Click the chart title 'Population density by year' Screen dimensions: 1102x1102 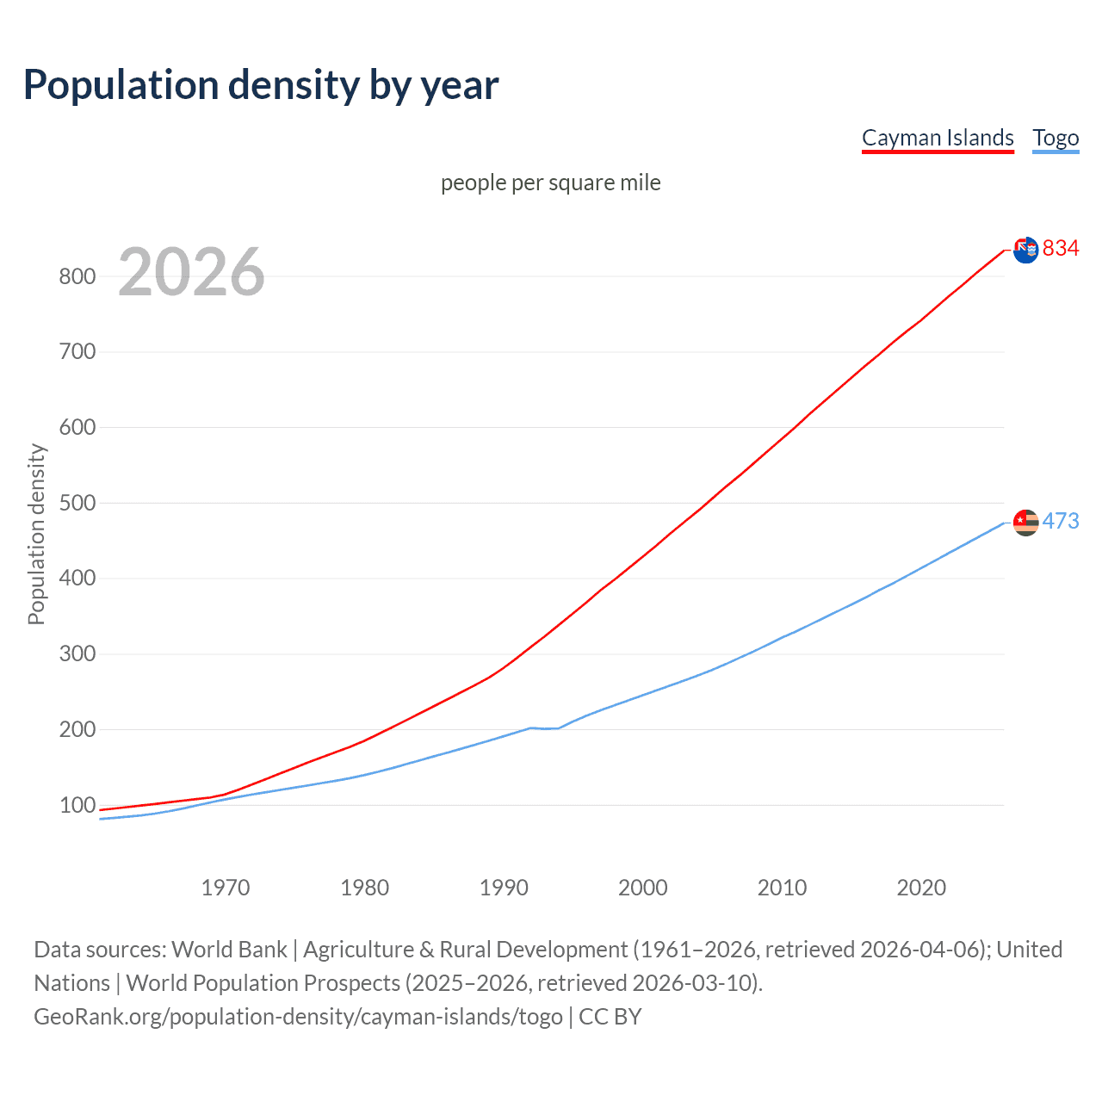click(x=261, y=85)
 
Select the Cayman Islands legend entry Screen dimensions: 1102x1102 click(x=938, y=138)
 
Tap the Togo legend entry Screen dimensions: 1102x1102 click(x=1056, y=138)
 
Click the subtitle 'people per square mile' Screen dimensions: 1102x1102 click(x=550, y=183)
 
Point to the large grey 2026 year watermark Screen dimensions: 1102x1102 click(x=191, y=272)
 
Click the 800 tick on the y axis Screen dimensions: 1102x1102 click(x=77, y=276)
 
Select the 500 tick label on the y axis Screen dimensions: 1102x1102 click(x=77, y=503)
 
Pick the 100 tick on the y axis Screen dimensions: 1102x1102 click(x=77, y=805)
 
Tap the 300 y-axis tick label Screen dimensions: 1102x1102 click(x=77, y=654)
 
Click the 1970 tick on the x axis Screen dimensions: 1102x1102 click(x=226, y=888)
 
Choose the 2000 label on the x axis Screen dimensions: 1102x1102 click(x=643, y=888)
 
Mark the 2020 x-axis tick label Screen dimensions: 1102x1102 click(x=921, y=888)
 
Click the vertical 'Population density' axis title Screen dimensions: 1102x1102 click(x=36, y=534)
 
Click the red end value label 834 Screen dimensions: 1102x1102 click(x=1061, y=249)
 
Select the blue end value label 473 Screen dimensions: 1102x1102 click(x=1061, y=521)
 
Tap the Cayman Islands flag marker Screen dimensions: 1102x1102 click(x=1026, y=250)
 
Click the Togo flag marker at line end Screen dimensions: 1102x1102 click(x=1026, y=522)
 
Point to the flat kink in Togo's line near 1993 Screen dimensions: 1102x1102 click(x=545, y=728)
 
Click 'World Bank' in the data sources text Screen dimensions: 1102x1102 click(x=229, y=950)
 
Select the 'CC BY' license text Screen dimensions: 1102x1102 click(x=610, y=1017)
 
